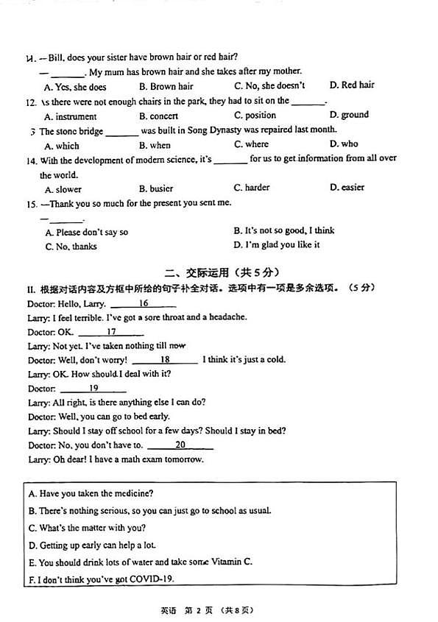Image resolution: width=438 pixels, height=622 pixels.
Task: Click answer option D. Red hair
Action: [x=352, y=85]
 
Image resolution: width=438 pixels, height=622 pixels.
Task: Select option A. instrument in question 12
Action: [x=70, y=116]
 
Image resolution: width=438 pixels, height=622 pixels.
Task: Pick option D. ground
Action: [x=349, y=115]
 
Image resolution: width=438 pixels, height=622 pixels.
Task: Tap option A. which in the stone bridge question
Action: [x=62, y=146]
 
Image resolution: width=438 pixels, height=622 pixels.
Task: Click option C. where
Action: [x=251, y=144]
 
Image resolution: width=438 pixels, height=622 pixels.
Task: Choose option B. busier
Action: [x=156, y=188]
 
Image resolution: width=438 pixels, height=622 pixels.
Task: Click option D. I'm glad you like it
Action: [x=277, y=245]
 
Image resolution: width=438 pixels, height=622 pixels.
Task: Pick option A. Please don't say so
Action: [x=86, y=232]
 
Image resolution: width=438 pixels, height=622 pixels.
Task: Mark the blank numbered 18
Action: [x=165, y=360]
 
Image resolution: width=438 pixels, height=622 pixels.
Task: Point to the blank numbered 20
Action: [x=180, y=445]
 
